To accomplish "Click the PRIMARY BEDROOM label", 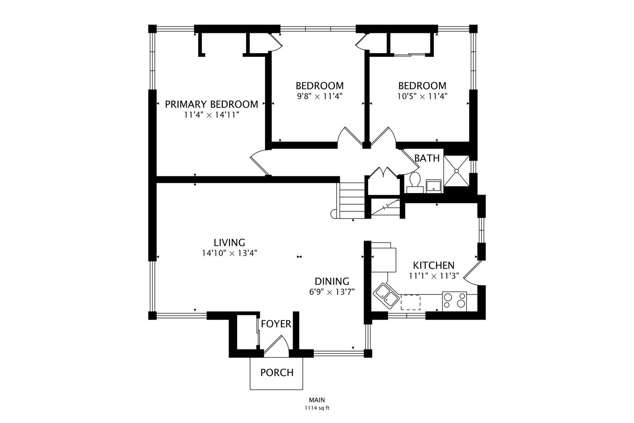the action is point(211,104).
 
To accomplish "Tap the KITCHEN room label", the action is point(434,266).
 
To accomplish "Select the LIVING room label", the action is point(229,242).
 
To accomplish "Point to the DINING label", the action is point(332,281).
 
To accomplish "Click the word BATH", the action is point(427,158).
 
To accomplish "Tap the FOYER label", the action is point(276,324).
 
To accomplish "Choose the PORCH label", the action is point(277,372).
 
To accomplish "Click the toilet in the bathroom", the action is point(415,182).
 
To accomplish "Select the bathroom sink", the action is point(434,186).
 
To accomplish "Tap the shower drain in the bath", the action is point(457,171).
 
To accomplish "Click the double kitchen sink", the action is point(387,296).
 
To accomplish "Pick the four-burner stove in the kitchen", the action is point(454,301).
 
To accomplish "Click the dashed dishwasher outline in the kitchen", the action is point(411,302).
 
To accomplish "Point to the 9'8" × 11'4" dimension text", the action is point(320,96).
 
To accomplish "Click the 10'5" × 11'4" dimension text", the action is point(422,96).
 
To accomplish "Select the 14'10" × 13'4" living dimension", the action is point(229,253).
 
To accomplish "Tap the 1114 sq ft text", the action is point(317,408).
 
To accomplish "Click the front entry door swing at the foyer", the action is point(276,346).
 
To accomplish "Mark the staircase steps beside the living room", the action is point(352,201).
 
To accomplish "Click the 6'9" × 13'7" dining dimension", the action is point(332,292).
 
